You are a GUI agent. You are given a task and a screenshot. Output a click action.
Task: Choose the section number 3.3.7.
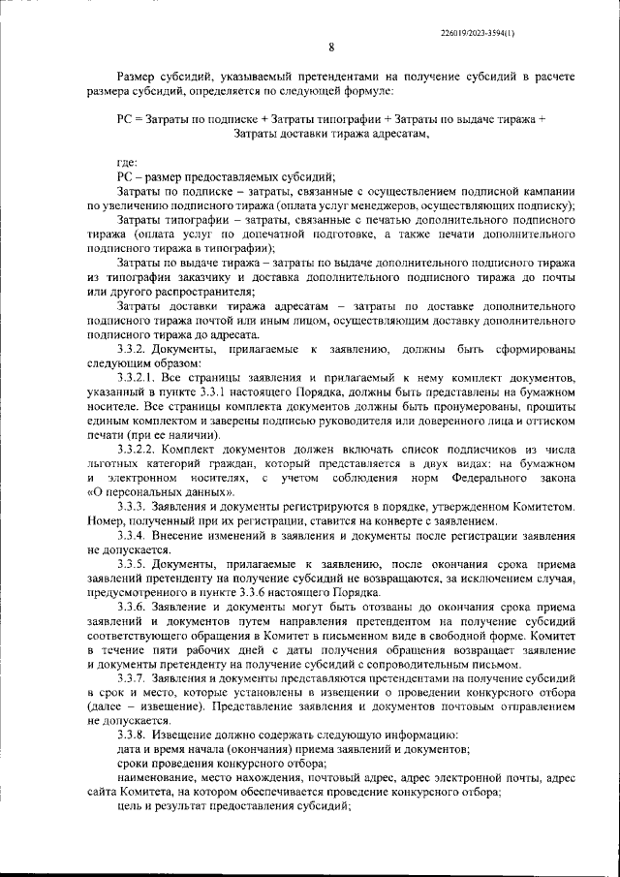pyautogui.click(x=133, y=678)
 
